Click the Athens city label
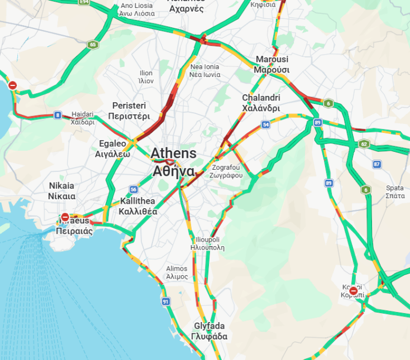(x=174, y=161)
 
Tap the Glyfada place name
(x=209, y=331)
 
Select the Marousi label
(x=271, y=64)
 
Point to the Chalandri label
(x=261, y=103)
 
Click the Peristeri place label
(x=130, y=111)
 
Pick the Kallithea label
(x=137, y=206)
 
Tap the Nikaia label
(x=61, y=190)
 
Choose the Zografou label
(x=226, y=171)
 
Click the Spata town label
(x=394, y=191)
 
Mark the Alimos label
(x=177, y=272)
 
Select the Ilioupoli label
(x=207, y=243)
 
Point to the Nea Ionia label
(x=204, y=70)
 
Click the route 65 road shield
(x=92, y=44)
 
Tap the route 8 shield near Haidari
(x=58, y=116)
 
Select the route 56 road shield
(x=133, y=189)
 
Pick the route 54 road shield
(x=266, y=124)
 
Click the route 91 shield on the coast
(x=165, y=302)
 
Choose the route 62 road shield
(x=364, y=144)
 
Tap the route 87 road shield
(x=377, y=164)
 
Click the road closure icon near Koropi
(x=354, y=291)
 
